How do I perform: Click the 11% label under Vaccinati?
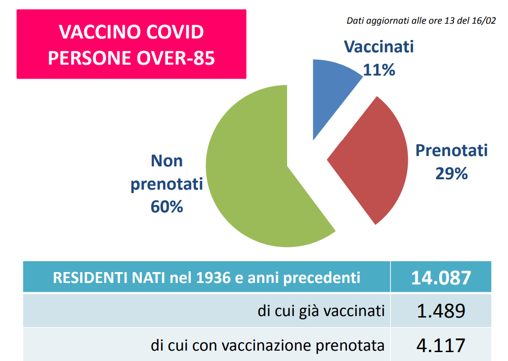(x=379, y=70)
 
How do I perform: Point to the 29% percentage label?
(x=451, y=173)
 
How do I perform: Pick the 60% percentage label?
(x=167, y=206)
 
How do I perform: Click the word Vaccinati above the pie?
(x=379, y=46)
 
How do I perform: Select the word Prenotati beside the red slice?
(x=451, y=150)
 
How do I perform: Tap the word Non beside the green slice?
(x=167, y=160)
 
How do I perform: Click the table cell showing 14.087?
(x=441, y=277)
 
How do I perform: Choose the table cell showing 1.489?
(x=441, y=311)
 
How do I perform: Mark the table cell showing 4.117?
(x=441, y=345)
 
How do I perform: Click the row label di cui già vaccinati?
(x=321, y=311)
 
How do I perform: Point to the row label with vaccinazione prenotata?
(x=268, y=346)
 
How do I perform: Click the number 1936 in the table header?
(x=213, y=278)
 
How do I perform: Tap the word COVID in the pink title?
(x=175, y=32)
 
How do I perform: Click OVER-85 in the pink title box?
(x=175, y=58)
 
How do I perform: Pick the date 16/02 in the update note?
(x=484, y=20)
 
